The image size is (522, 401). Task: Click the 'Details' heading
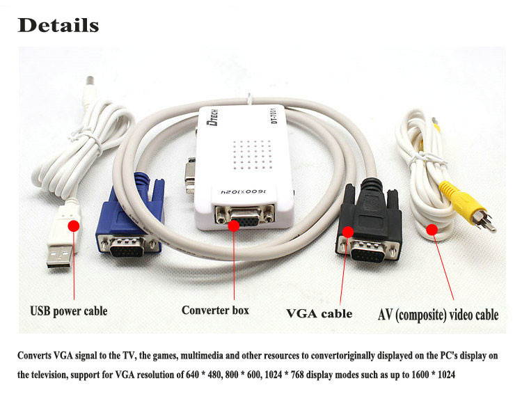[x=58, y=26]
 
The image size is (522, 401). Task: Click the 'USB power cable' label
[x=68, y=310]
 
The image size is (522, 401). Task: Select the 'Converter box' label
[x=215, y=310]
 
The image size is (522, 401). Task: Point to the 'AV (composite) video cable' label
[x=438, y=314]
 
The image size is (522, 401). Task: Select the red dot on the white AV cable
[x=432, y=229]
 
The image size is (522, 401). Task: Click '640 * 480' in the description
[x=207, y=374]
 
